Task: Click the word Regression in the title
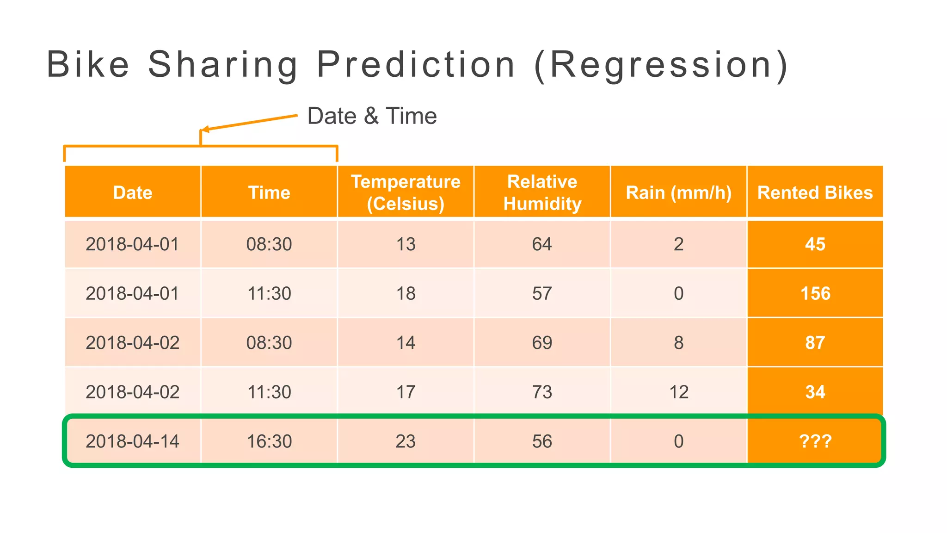(x=661, y=65)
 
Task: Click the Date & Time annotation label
(x=372, y=116)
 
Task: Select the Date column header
(x=133, y=192)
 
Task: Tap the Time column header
(x=269, y=192)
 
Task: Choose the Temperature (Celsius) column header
(x=406, y=192)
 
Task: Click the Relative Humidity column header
(x=542, y=192)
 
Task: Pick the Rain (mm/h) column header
(x=678, y=192)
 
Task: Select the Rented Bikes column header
(x=815, y=192)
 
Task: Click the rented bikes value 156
(x=815, y=293)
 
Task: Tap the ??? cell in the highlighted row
(x=815, y=441)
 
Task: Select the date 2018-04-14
(x=133, y=441)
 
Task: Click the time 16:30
(x=269, y=441)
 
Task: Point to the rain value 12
(x=679, y=392)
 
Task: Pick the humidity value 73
(x=542, y=392)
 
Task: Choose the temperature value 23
(x=406, y=441)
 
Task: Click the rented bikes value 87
(x=815, y=343)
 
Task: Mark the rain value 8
(x=678, y=343)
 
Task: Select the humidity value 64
(x=542, y=244)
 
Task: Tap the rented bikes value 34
(x=815, y=392)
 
